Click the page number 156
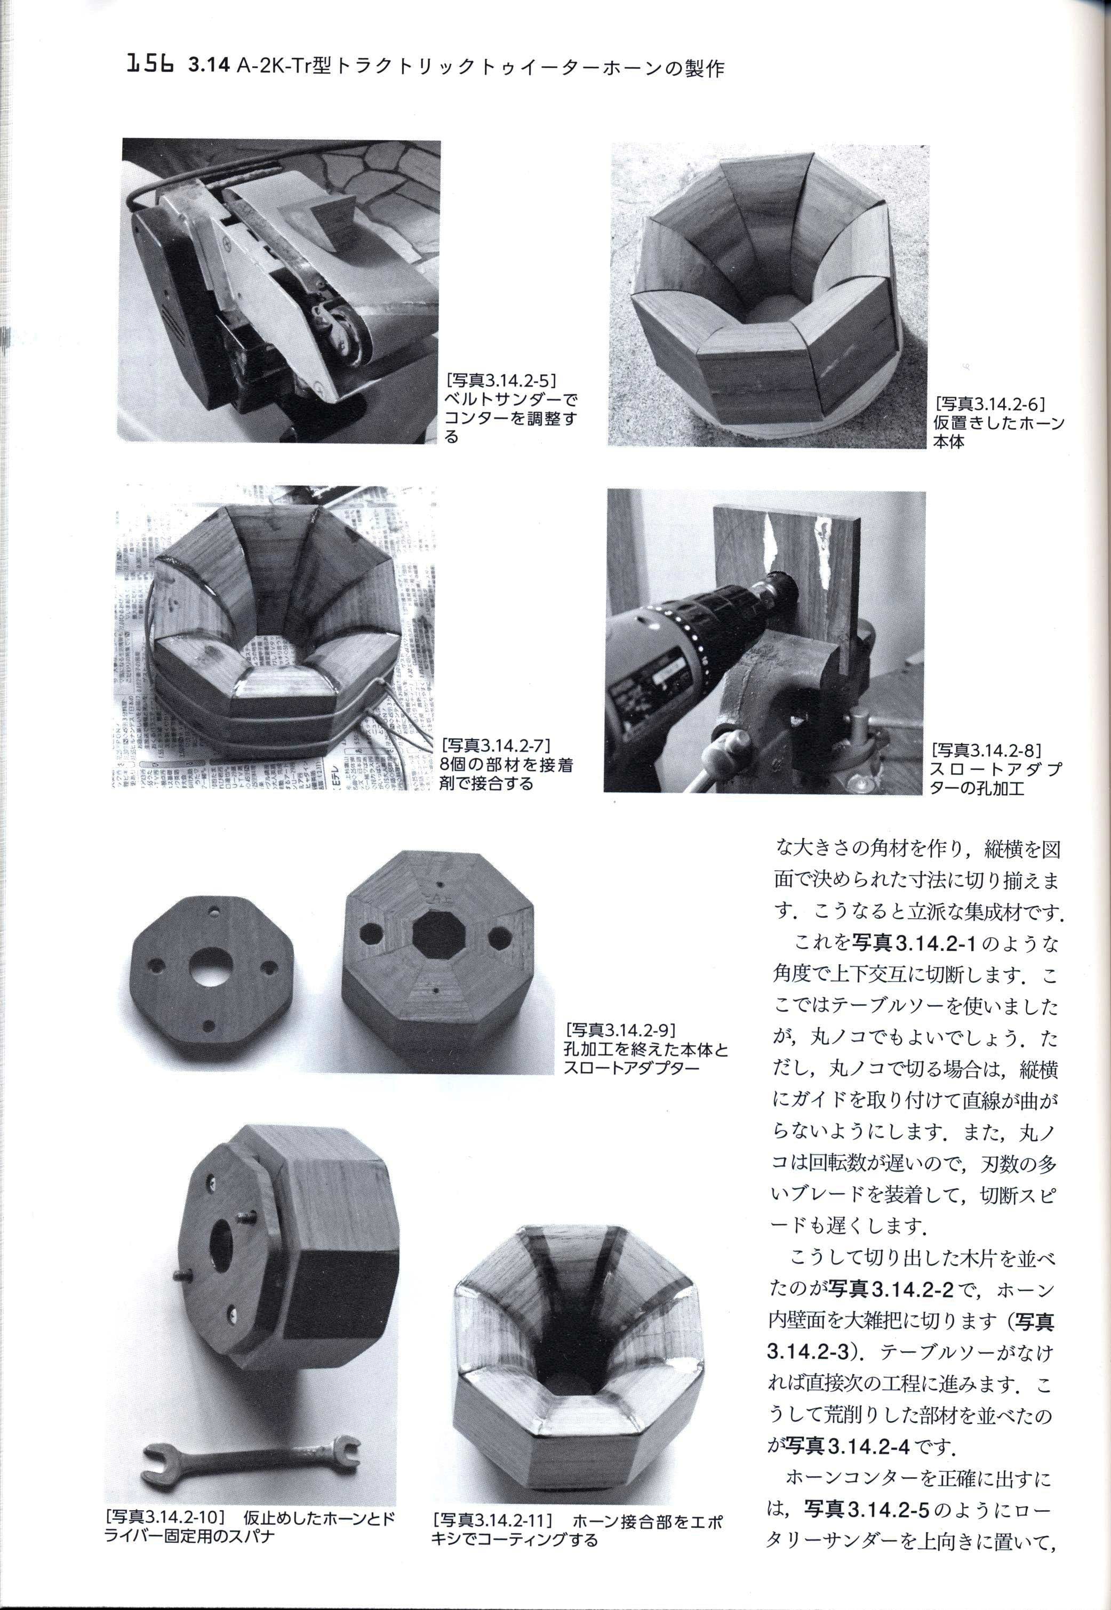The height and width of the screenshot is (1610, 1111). pos(150,66)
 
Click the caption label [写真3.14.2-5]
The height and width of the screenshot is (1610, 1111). pos(503,380)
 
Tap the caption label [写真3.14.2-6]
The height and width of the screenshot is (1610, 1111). pos(992,404)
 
